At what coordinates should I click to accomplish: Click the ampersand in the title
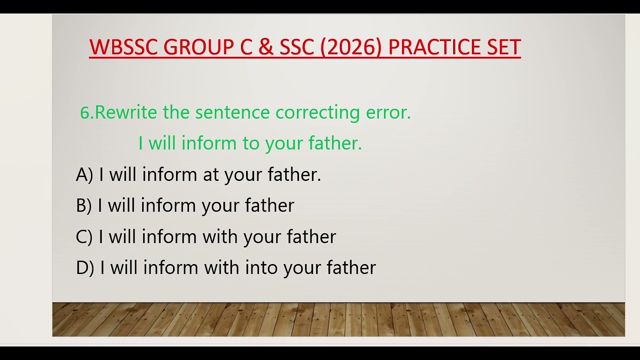point(266,47)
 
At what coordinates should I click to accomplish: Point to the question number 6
point(86,112)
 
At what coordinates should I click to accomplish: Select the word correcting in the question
point(317,112)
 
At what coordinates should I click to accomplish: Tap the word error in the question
point(388,112)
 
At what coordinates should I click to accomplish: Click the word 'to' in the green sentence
point(251,144)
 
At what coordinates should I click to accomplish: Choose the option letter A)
point(84,174)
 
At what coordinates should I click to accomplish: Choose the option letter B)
point(84,205)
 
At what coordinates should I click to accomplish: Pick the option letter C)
point(84,236)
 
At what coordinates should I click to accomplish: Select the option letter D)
point(85,267)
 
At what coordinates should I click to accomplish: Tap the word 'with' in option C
point(220,236)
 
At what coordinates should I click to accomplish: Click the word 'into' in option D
point(262,267)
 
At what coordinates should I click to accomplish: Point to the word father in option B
point(269,205)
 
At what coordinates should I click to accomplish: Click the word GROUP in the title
point(198,47)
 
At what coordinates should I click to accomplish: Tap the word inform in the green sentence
point(209,144)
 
